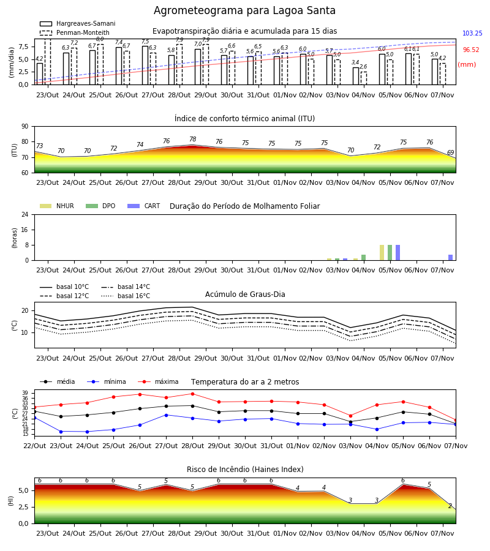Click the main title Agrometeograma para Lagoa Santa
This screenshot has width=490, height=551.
pyautogui.click(x=244, y=10)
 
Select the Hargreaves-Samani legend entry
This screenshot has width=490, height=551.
pyautogui.click(x=78, y=23)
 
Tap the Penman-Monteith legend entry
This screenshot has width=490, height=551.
pyautogui.click(x=75, y=32)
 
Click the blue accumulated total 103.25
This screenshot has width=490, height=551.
pyautogui.click(x=472, y=34)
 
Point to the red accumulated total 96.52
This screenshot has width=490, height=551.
pyautogui.click(x=471, y=50)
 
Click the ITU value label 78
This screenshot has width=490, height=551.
pyautogui.click(x=192, y=139)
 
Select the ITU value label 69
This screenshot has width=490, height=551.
pyautogui.click(x=451, y=152)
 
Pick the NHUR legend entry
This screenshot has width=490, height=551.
pyautogui.click(x=57, y=206)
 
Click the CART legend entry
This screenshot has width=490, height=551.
pyautogui.click(x=144, y=206)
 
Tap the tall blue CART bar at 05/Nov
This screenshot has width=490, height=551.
pyautogui.click(x=398, y=253)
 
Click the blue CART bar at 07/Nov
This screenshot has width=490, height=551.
pyautogui.click(x=451, y=258)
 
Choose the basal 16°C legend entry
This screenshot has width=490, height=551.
pyautogui.click(x=126, y=296)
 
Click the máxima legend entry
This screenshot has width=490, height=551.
pyautogui.click(x=159, y=381)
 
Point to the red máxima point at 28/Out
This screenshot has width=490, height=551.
pyautogui.click(x=192, y=394)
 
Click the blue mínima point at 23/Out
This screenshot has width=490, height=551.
pyautogui.click(x=61, y=432)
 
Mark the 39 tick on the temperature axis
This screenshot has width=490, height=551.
pyautogui.click(x=25, y=393)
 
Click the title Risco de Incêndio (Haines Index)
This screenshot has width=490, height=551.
pyautogui.click(x=245, y=470)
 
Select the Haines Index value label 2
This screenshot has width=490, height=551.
pyautogui.click(x=450, y=506)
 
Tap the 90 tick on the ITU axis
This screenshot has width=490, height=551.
pyautogui.click(x=25, y=127)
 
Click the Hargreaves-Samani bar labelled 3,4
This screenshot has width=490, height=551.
pyautogui.click(x=356, y=76)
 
